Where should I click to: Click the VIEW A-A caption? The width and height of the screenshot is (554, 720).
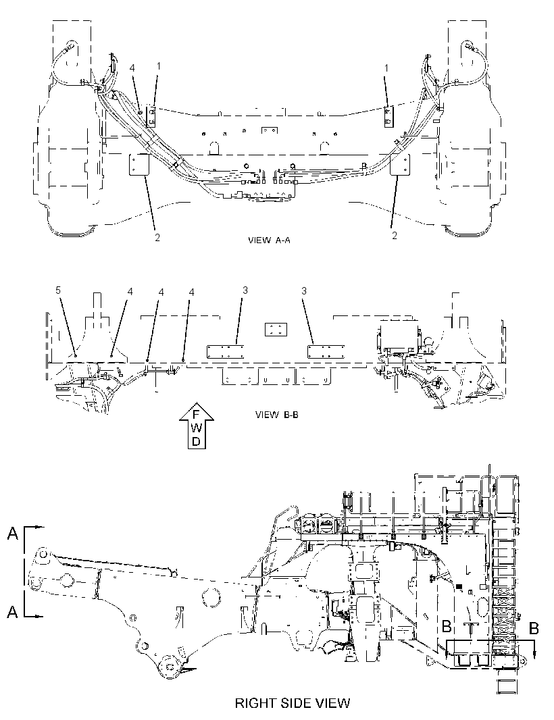tap(269, 240)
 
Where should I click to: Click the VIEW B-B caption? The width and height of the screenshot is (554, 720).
tap(276, 415)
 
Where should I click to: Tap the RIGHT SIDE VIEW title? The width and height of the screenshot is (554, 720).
tap(293, 702)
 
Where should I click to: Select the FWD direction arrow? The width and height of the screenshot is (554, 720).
tap(196, 427)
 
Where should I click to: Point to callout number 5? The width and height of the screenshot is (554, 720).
tap(58, 290)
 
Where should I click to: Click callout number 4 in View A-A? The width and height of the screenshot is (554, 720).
tap(132, 68)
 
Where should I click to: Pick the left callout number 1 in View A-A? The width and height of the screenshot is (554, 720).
tap(159, 66)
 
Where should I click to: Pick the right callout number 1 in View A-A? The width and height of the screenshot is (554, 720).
tap(386, 68)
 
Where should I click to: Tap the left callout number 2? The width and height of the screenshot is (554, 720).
tap(157, 237)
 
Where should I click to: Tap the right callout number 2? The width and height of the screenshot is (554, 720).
tap(394, 236)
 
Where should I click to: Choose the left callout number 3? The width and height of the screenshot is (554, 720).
tap(245, 290)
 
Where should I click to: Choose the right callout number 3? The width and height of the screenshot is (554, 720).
tap(303, 290)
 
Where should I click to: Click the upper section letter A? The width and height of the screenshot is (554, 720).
tap(13, 533)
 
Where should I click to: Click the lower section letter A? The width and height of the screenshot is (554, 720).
tap(13, 611)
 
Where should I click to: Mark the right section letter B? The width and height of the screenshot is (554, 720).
tap(533, 628)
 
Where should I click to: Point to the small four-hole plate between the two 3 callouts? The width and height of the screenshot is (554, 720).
tap(276, 329)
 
